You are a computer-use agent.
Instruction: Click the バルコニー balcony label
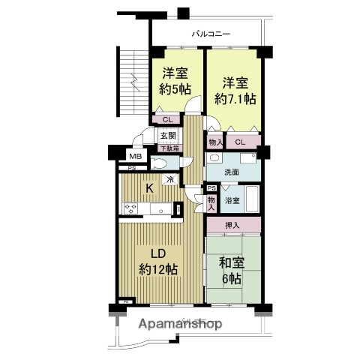click(x=211, y=33)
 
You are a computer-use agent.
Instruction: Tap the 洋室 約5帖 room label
click(x=175, y=81)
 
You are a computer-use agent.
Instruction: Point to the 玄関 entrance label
click(x=167, y=136)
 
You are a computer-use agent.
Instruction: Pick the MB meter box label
click(x=135, y=156)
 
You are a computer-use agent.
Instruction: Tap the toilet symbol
click(x=160, y=164)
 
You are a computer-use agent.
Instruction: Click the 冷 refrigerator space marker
click(x=170, y=179)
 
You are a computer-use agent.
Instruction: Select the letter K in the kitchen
click(x=148, y=188)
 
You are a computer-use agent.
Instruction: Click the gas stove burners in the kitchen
click(x=130, y=210)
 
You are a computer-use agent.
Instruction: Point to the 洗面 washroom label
click(x=232, y=172)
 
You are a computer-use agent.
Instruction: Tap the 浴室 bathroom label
click(x=232, y=200)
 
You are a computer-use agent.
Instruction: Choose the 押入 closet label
click(x=232, y=224)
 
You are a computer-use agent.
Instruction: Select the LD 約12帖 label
click(x=157, y=260)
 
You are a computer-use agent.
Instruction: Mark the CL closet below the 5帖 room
click(x=166, y=118)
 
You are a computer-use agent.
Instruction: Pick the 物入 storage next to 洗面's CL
click(x=215, y=142)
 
